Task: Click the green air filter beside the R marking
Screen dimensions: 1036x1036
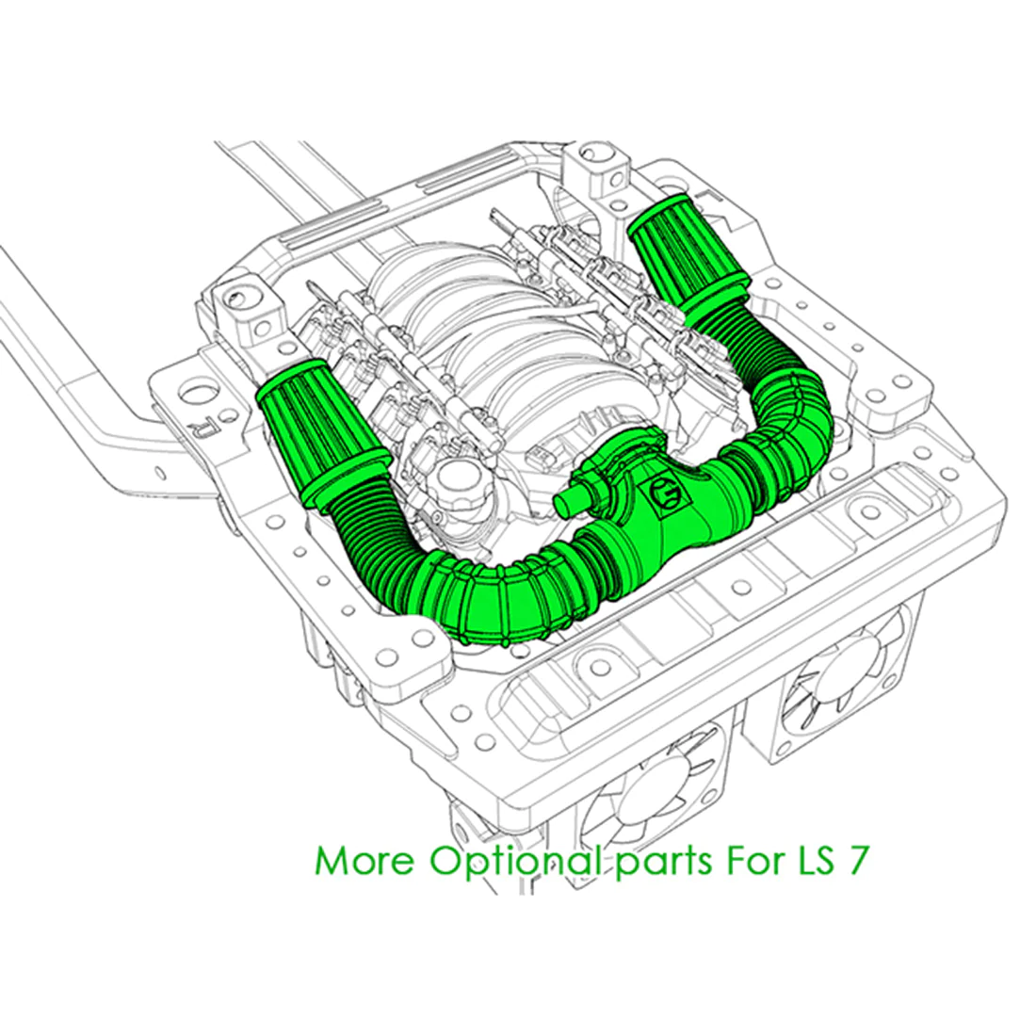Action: (320, 429)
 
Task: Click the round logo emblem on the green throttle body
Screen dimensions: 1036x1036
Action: (665, 496)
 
